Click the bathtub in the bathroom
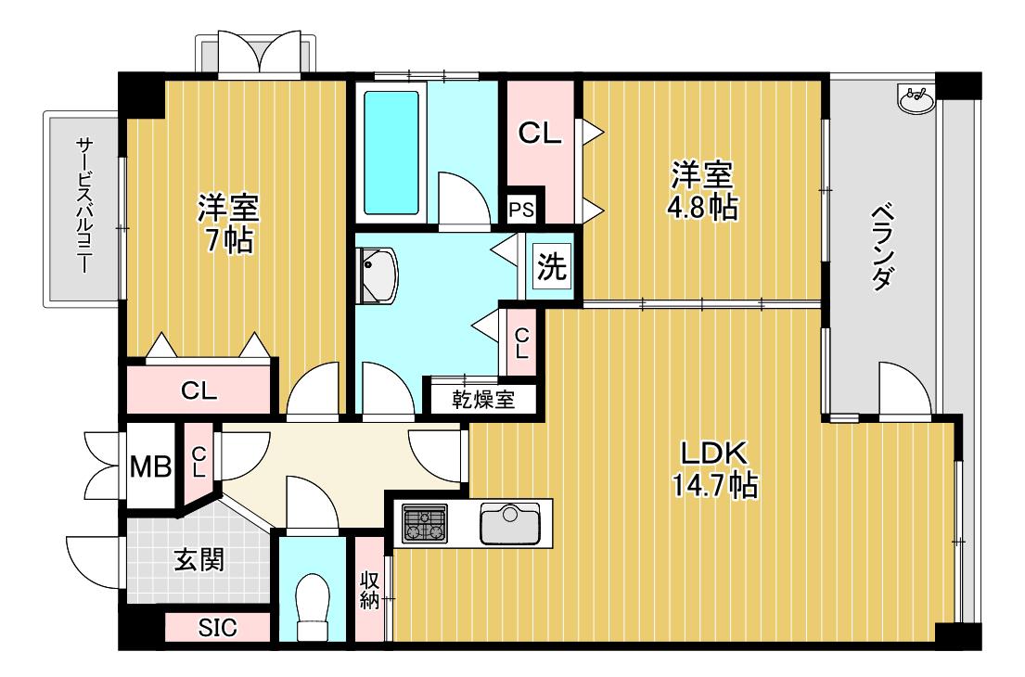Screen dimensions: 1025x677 point(391,152)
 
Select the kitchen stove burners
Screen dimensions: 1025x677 point(424,523)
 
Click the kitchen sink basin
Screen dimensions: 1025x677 point(510,523)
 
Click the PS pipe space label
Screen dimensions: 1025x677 point(521,211)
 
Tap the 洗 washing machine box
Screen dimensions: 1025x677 point(552,266)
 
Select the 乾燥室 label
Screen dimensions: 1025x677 point(483,399)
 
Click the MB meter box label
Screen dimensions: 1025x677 point(150,466)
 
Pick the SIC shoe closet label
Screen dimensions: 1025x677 point(217,628)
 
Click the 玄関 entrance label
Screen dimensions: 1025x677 point(199,560)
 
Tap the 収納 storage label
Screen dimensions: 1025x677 point(369,590)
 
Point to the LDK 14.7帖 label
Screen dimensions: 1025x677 point(715,469)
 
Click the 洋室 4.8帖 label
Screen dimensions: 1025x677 point(702,191)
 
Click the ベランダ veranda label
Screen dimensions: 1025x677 point(882,248)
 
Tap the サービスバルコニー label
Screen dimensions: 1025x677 point(83,205)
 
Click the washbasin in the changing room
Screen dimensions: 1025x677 point(378,275)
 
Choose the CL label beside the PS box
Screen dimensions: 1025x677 point(539,134)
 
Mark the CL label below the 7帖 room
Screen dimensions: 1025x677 point(199,390)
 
